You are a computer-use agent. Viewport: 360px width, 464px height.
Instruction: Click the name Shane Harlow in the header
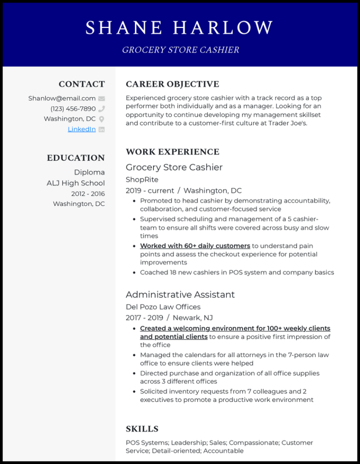180,27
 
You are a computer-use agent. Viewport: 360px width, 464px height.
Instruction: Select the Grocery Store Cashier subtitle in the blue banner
180,50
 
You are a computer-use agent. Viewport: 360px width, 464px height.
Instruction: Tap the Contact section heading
81,84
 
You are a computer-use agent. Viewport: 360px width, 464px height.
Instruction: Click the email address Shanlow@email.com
62,98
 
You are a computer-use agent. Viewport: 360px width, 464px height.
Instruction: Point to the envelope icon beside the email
101,98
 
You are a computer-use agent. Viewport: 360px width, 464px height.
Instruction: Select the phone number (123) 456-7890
73,109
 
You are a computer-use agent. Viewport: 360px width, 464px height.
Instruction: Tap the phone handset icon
101,109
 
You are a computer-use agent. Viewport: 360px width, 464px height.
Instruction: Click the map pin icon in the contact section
101,119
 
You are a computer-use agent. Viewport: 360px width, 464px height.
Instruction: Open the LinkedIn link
81,129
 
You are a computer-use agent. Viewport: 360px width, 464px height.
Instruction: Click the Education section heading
76,158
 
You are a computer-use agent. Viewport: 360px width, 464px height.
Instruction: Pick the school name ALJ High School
76,183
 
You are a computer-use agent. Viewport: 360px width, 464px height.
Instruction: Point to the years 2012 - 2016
88,194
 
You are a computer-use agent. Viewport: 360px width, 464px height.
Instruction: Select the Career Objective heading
172,84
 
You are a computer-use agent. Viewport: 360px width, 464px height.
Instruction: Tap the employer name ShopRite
142,179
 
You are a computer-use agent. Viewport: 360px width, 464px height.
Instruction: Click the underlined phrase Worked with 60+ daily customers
195,246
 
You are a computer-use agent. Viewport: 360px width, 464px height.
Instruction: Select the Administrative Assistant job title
180,294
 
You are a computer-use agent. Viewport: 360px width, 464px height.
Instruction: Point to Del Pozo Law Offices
163,307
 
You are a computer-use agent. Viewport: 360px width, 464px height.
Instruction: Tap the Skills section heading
142,429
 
